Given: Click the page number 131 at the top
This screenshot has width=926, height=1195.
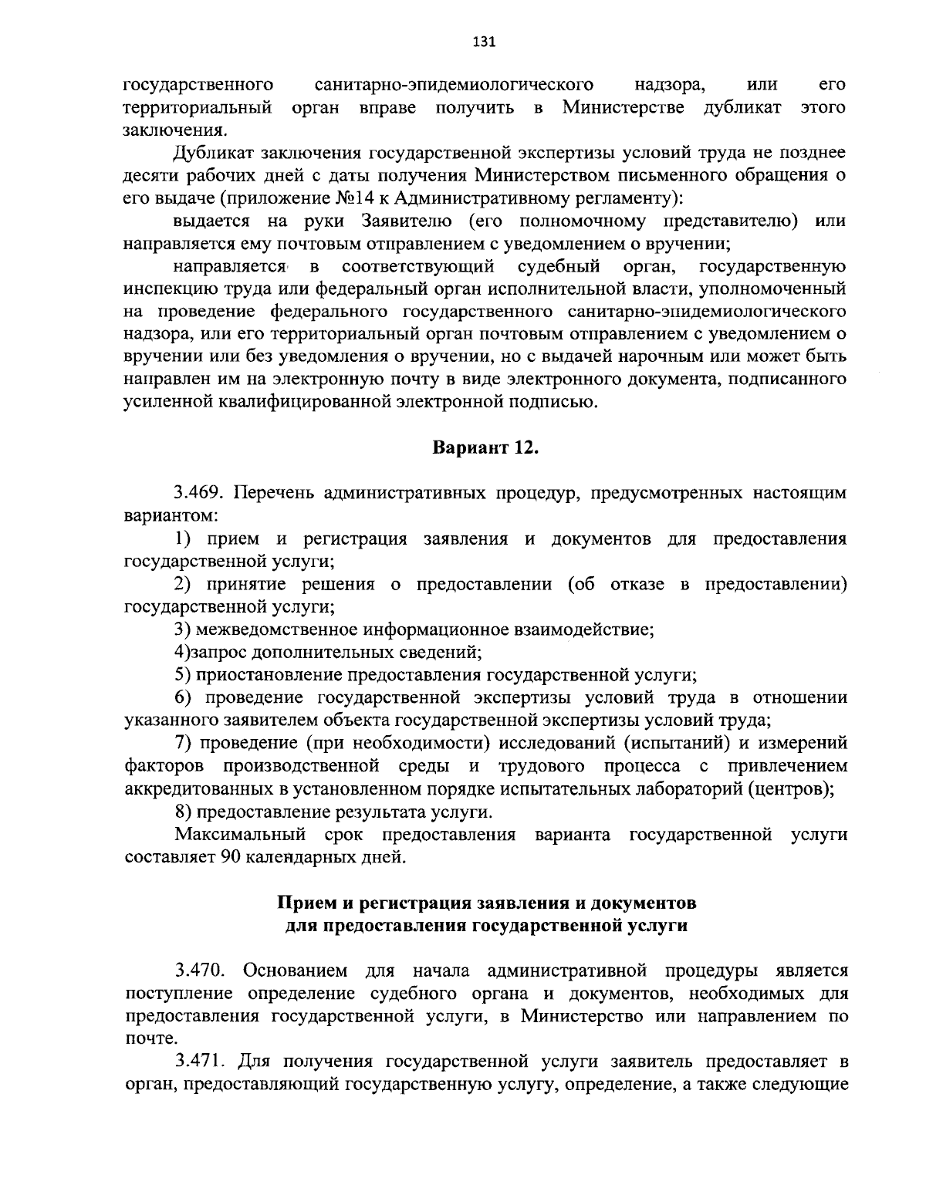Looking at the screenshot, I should [484, 42].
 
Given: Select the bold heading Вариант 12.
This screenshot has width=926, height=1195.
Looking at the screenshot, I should [484, 448].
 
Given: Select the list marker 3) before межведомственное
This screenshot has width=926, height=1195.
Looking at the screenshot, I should [182, 630].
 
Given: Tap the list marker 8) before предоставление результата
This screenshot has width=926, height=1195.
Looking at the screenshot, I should [182, 812].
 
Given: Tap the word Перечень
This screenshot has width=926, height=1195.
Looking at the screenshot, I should [269, 492].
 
